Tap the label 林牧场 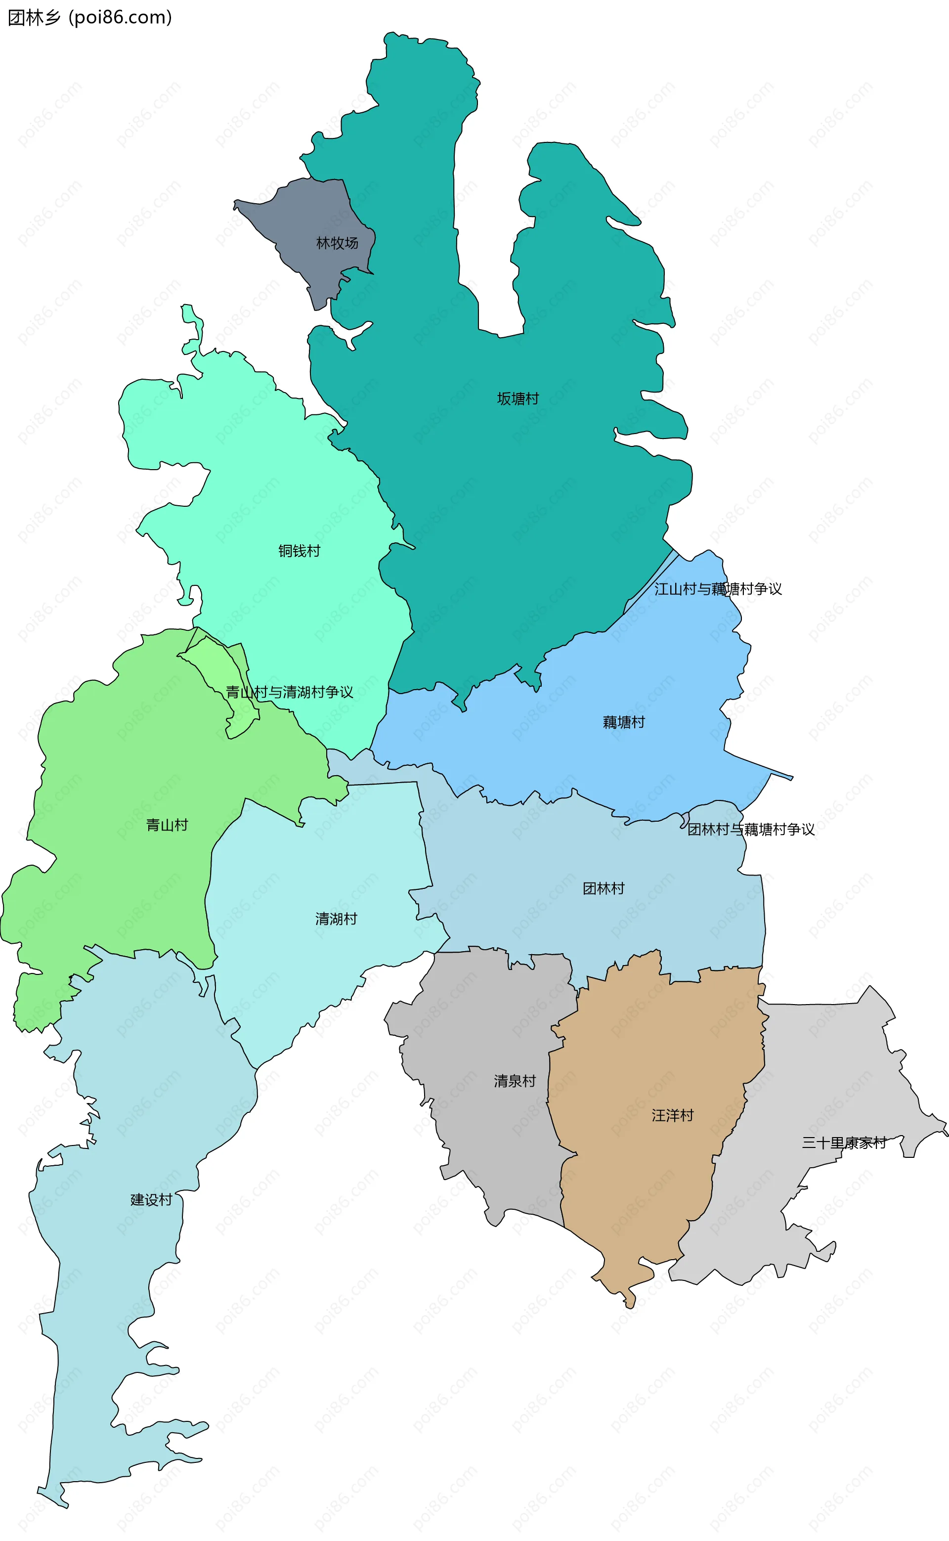337,243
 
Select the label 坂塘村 518,398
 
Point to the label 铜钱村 300,550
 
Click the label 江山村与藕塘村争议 718,589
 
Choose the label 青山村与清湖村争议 289,692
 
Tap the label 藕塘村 624,722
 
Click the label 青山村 167,825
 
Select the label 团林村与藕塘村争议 751,829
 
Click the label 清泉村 515,1081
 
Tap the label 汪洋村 673,1115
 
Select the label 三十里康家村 844,1143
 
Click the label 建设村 151,1199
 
